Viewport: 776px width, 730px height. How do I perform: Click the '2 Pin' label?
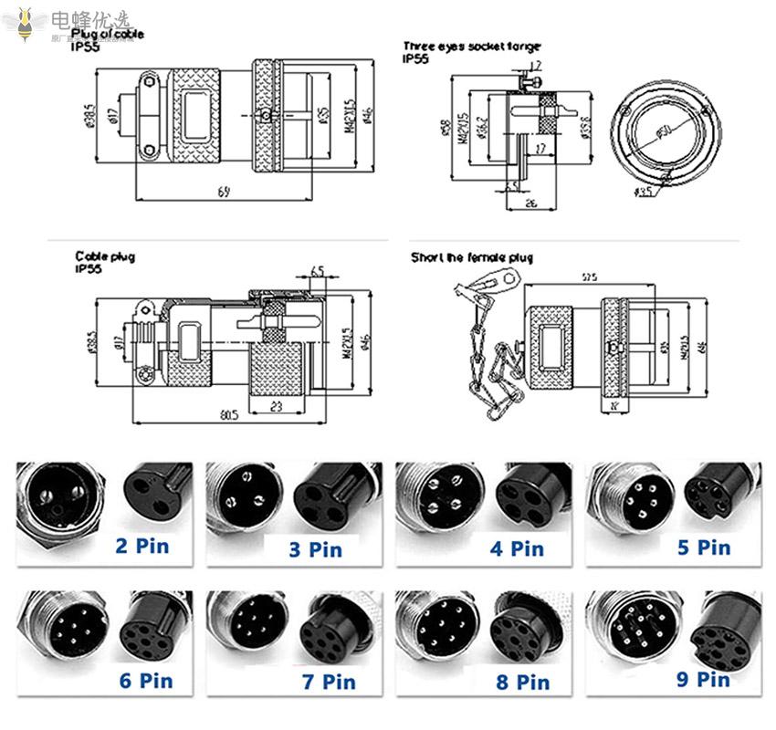click(x=142, y=547)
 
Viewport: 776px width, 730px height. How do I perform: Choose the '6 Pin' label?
click(x=145, y=680)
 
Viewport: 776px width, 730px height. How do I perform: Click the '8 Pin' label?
click(x=521, y=681)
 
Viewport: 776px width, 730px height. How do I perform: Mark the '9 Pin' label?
click(x=702, y=678)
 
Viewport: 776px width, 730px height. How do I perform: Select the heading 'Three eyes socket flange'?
click(x=471, y=46)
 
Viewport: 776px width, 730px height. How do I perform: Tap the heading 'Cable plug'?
click(x=104, y=257)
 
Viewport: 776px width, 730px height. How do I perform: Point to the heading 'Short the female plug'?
click(x=471, y=258)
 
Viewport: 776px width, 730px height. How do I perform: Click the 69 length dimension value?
click(x=225, y=191)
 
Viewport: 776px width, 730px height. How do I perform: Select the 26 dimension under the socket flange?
click(x=530, y=203)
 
